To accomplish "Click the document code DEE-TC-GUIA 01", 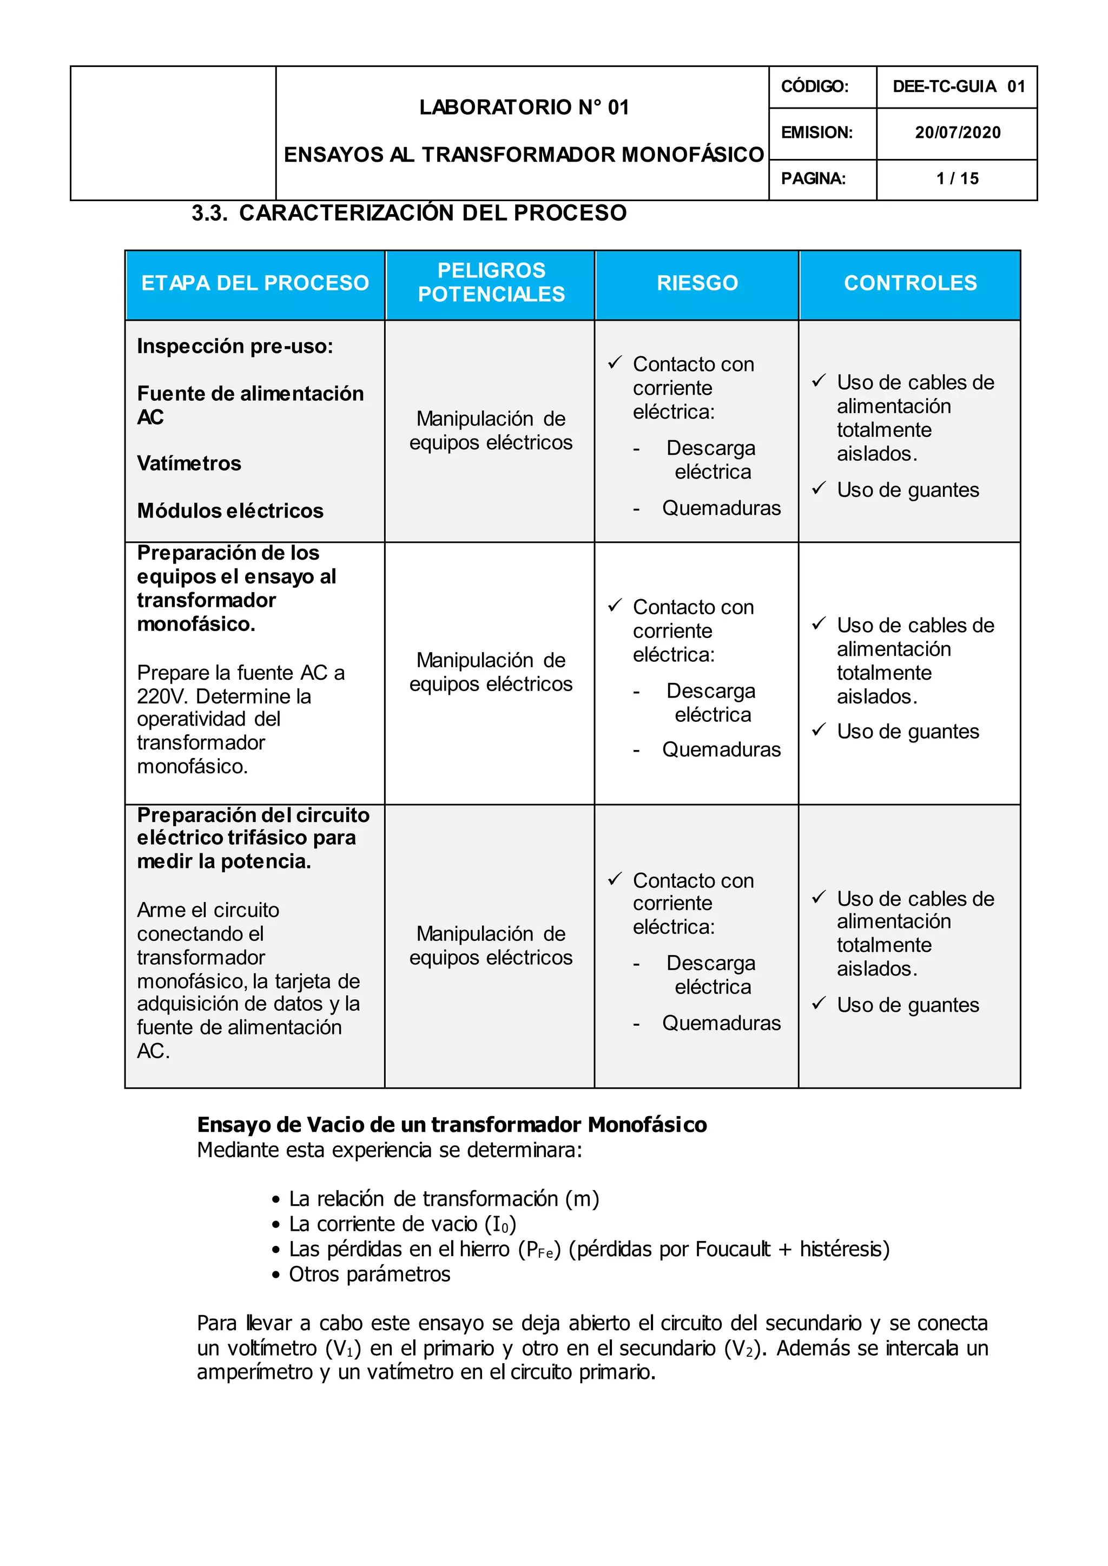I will click(x=957, y=87).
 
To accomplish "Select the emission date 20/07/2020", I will click(x=957, y=133).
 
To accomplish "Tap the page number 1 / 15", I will click(x=957, y=178).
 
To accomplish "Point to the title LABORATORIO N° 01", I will click(x=523, y=107).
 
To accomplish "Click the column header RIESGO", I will click(x=697, y=283).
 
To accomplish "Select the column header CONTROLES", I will click(x=910, y=283).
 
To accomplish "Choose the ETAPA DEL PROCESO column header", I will click(x=255, y=283).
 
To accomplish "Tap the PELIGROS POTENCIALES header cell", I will click(x=491, y=282).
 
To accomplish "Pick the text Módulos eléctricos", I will click(x=230, y=511).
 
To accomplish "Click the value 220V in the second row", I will click(x=163, y=696).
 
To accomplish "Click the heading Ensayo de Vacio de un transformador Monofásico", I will click(x=452, y=1124).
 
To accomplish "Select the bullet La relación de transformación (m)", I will click(x=444, y=1199).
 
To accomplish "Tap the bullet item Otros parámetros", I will click(x=369, y=1274).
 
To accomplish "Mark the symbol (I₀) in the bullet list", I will click(x=500, y=1224).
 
